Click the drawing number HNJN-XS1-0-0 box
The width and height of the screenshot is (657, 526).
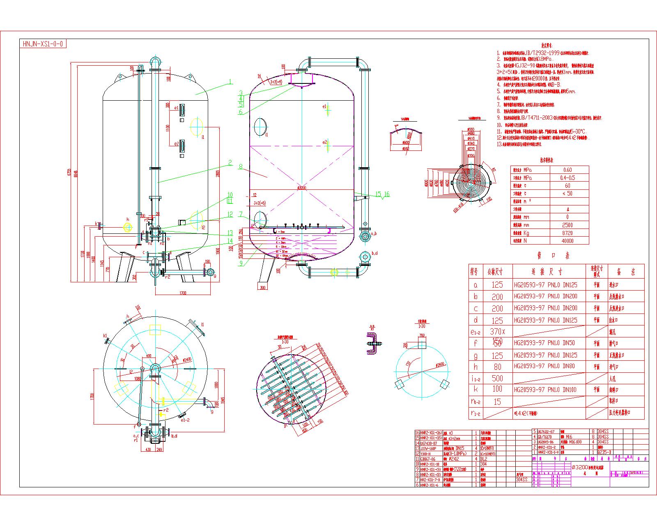click(43, 44)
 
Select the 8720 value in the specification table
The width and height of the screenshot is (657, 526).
click(567, 233)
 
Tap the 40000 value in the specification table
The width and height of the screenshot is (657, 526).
click(567, 241)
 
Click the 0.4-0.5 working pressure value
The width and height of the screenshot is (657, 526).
click(567, 178)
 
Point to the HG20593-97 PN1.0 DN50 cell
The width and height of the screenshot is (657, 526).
click(544, 343)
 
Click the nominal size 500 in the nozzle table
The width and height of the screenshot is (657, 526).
click(497, 378)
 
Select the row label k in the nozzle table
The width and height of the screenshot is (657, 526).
click(476, 389)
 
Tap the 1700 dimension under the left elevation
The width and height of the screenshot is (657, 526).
click(183, 293)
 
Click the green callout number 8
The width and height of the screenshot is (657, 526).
click(241, 167)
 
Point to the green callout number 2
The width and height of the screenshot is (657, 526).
click(230, 162)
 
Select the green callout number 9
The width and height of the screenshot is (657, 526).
click(241, 263)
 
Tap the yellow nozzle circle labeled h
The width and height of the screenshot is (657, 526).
click(128, 226)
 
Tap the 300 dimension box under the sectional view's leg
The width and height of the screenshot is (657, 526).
click(262, 288)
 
